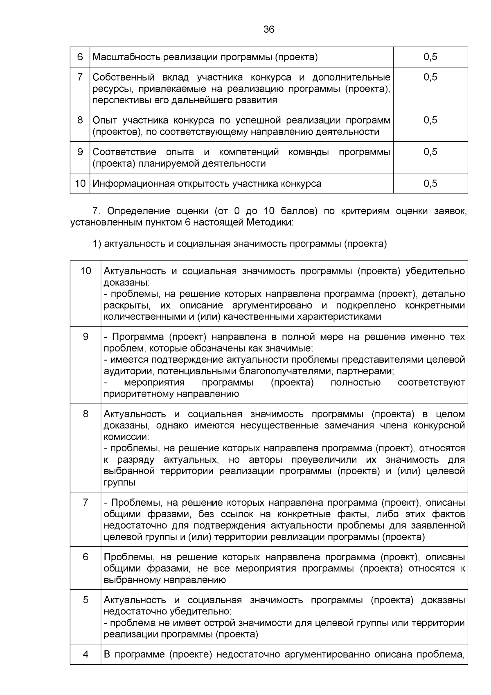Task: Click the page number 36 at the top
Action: tap(269, 29)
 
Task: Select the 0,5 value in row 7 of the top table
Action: tap(430, 77)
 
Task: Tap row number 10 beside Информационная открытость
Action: tap(80, 183)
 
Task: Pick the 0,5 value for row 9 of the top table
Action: tap(430, 152)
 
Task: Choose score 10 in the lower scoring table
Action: tap(86, 271)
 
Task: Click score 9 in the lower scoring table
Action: tap(86, 337)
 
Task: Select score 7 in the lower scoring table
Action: tap(86, 502)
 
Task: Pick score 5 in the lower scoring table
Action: tap(86, 600)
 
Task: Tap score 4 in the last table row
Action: tap(86, 654)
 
